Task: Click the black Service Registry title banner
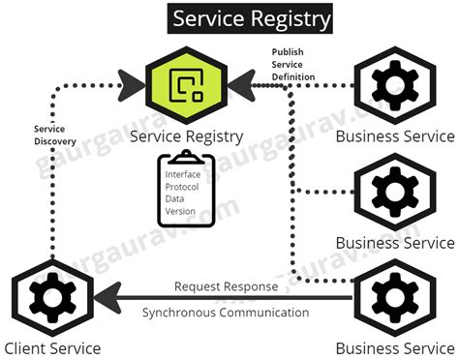(251, 18)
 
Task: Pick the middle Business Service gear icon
(394, 194)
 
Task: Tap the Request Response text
(225, 286)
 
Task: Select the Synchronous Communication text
(226, 313)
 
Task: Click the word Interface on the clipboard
(184, 174)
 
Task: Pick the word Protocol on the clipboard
(183, 187)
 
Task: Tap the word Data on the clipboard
(174, 199)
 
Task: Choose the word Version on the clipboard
(180, 212)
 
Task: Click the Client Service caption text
(52, 348)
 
